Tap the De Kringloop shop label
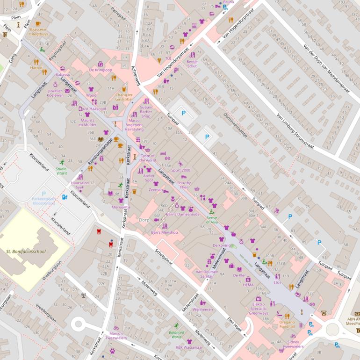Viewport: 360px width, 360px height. pos(101,70)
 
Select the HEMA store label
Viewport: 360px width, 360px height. pos(248,285)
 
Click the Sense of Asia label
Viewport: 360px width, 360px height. pos(212,220)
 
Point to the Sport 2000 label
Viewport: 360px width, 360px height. pos(180,170)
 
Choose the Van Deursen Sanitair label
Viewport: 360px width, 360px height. pos(206,274)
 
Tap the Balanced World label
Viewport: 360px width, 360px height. pos(176,334)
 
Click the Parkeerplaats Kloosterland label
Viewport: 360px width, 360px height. pos(44,201)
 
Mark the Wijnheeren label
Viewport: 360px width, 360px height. pos(202,310)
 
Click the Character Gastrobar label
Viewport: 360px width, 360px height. pos(124,97)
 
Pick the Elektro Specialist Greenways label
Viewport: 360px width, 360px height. pos(258,309)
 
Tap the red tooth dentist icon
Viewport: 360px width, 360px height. pos(99,231)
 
